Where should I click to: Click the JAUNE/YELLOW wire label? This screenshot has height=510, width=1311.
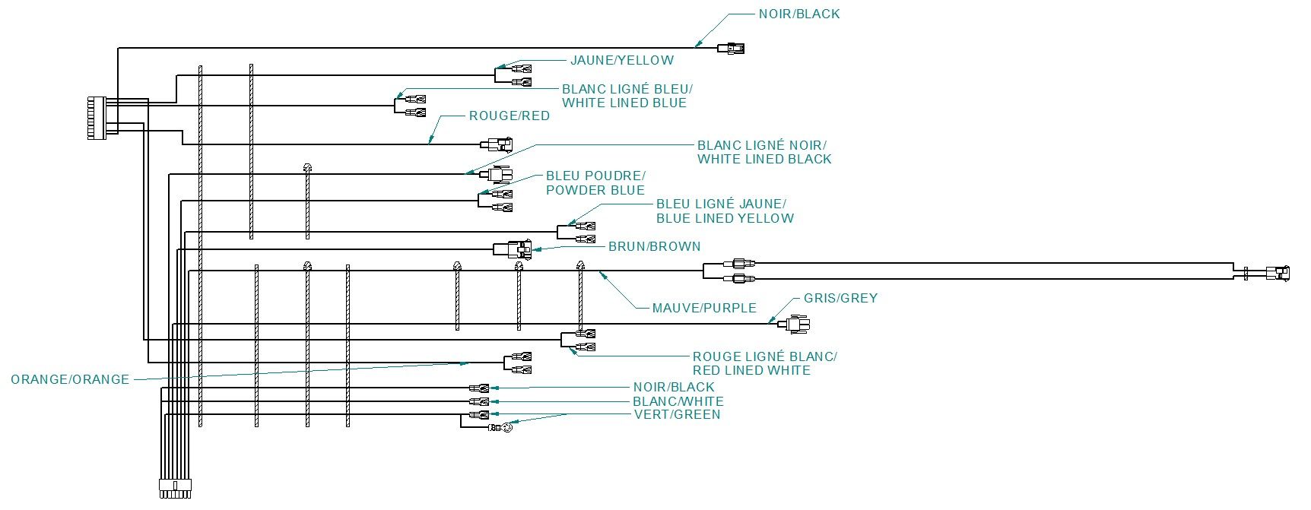point(621,60)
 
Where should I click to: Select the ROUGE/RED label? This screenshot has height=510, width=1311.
point(509,116)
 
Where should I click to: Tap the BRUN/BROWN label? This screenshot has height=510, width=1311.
point(654,247)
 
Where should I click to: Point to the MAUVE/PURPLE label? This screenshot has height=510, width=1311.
point(704,308)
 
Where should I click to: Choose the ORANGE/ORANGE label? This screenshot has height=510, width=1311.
point(70,379)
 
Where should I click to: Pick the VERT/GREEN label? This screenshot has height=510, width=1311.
point(677,414)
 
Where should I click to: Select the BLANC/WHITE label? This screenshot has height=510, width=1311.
point(678,401)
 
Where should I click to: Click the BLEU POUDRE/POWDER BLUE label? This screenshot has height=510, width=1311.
point(595,183)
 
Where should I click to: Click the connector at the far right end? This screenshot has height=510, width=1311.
point(1278,273)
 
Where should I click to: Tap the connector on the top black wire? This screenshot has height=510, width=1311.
point(732,49)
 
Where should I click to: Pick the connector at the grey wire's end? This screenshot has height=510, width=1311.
point(798,325)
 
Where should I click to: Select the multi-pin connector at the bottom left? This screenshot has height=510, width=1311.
point(174,488)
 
